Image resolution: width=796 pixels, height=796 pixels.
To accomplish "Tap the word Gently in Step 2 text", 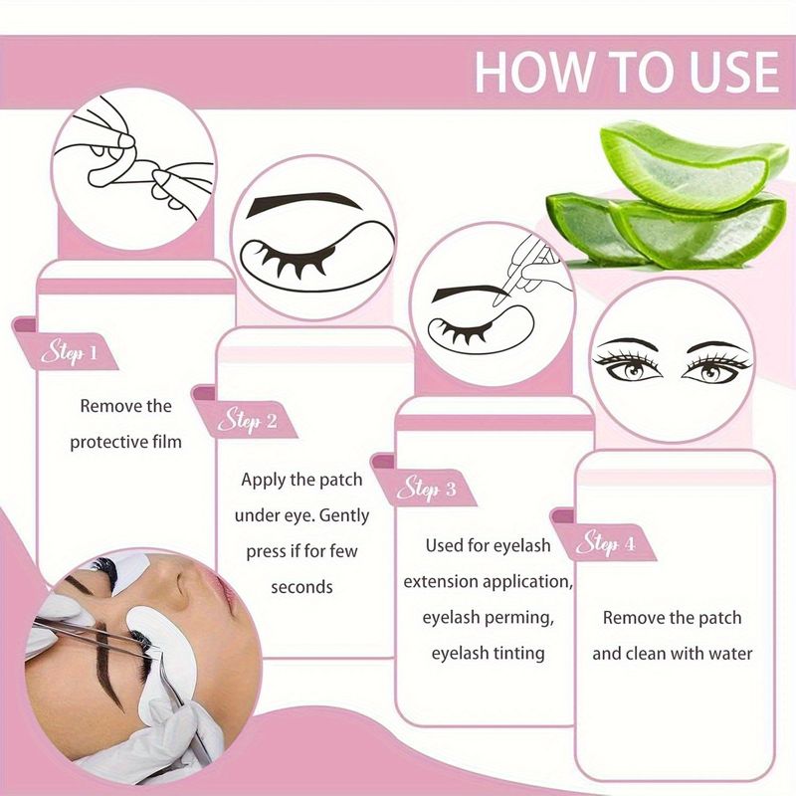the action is click(344, 515).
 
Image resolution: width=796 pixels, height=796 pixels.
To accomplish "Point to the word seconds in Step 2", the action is click(301, 587).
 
